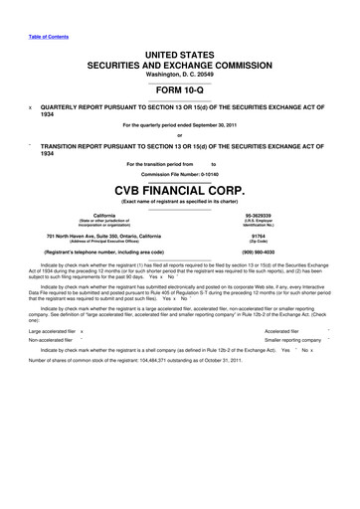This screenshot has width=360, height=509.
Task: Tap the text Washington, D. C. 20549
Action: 179,69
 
